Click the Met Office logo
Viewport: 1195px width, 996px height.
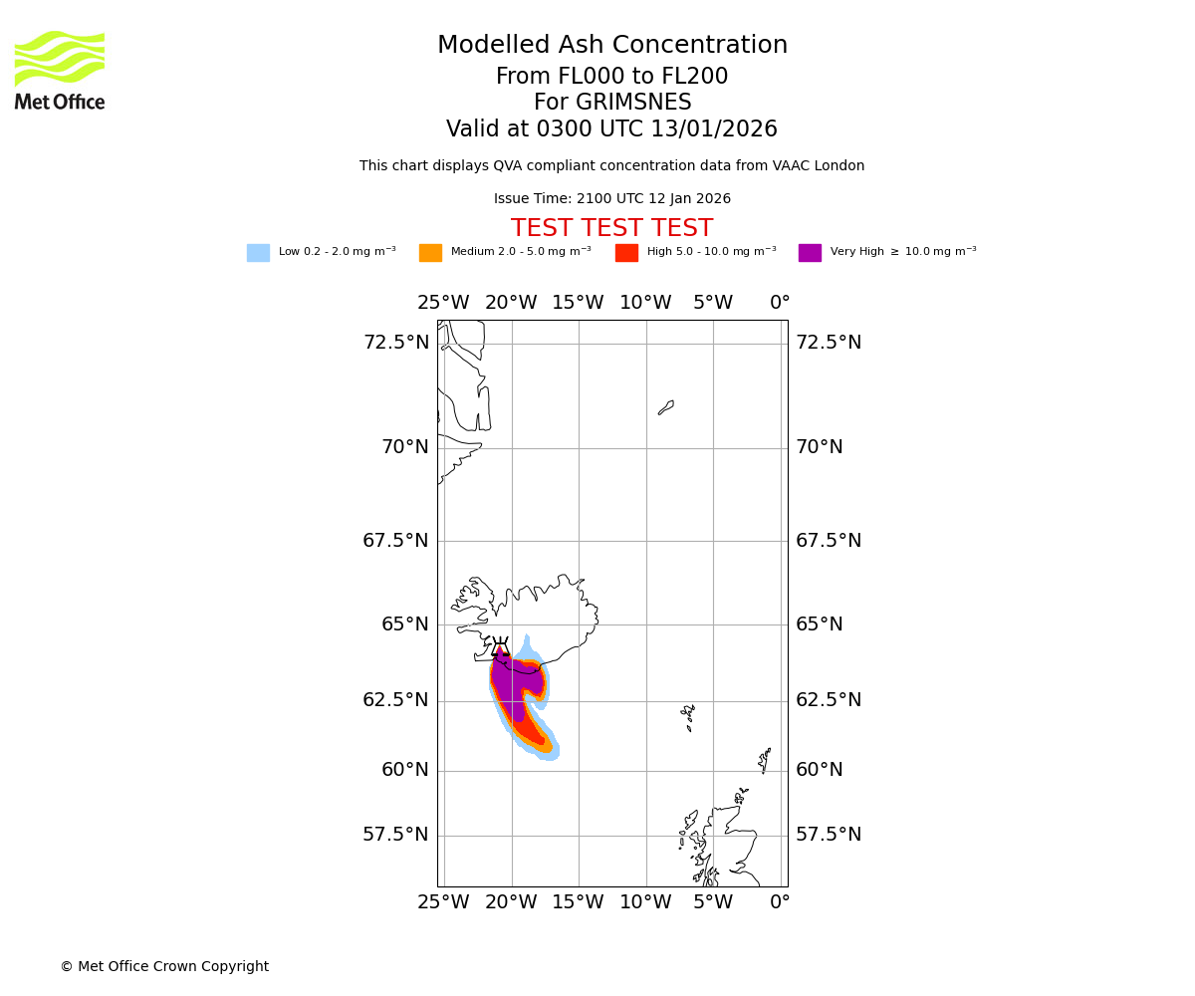point(60,71)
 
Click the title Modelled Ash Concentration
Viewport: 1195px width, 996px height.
point(611,46)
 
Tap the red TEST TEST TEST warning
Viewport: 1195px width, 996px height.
point(611,229)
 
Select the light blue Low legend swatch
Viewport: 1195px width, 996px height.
point(258,253)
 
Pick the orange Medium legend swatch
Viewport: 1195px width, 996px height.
point(430,253)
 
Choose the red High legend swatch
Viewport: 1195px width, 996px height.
point(626,253)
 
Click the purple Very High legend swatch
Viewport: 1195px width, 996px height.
point(810,253)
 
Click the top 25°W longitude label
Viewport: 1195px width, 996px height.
point(443,303)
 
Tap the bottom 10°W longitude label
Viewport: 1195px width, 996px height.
point(645,902)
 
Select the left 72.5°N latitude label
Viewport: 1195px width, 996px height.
point(396,343)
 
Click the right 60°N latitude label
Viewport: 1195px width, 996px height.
point(820,770)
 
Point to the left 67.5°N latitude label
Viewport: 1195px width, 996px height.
point(395,541)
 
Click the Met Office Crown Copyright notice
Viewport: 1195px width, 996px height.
point(164,967)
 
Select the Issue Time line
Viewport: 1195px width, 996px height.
point(611,199)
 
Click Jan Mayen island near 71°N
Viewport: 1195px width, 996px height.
point(666,407)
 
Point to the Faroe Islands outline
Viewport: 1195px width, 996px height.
point(688,716)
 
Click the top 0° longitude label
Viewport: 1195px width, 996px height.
point(780,303)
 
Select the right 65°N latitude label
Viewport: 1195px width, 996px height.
point(820,624)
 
